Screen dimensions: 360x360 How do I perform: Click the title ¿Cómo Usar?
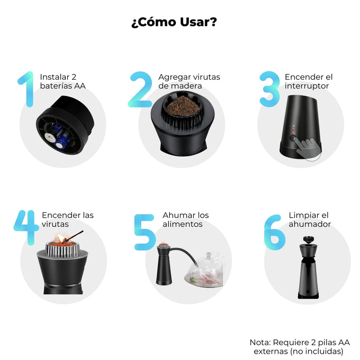pos(173,23)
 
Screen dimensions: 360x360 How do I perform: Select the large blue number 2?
pos(142,89)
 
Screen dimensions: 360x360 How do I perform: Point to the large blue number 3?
pos(269,89)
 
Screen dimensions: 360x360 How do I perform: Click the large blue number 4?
pos(26,227)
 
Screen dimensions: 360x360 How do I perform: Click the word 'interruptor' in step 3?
pos(307,85)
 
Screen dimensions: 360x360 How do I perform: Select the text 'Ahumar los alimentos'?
pos(186,220)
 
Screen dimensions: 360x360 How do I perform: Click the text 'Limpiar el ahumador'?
pos(310,220)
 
